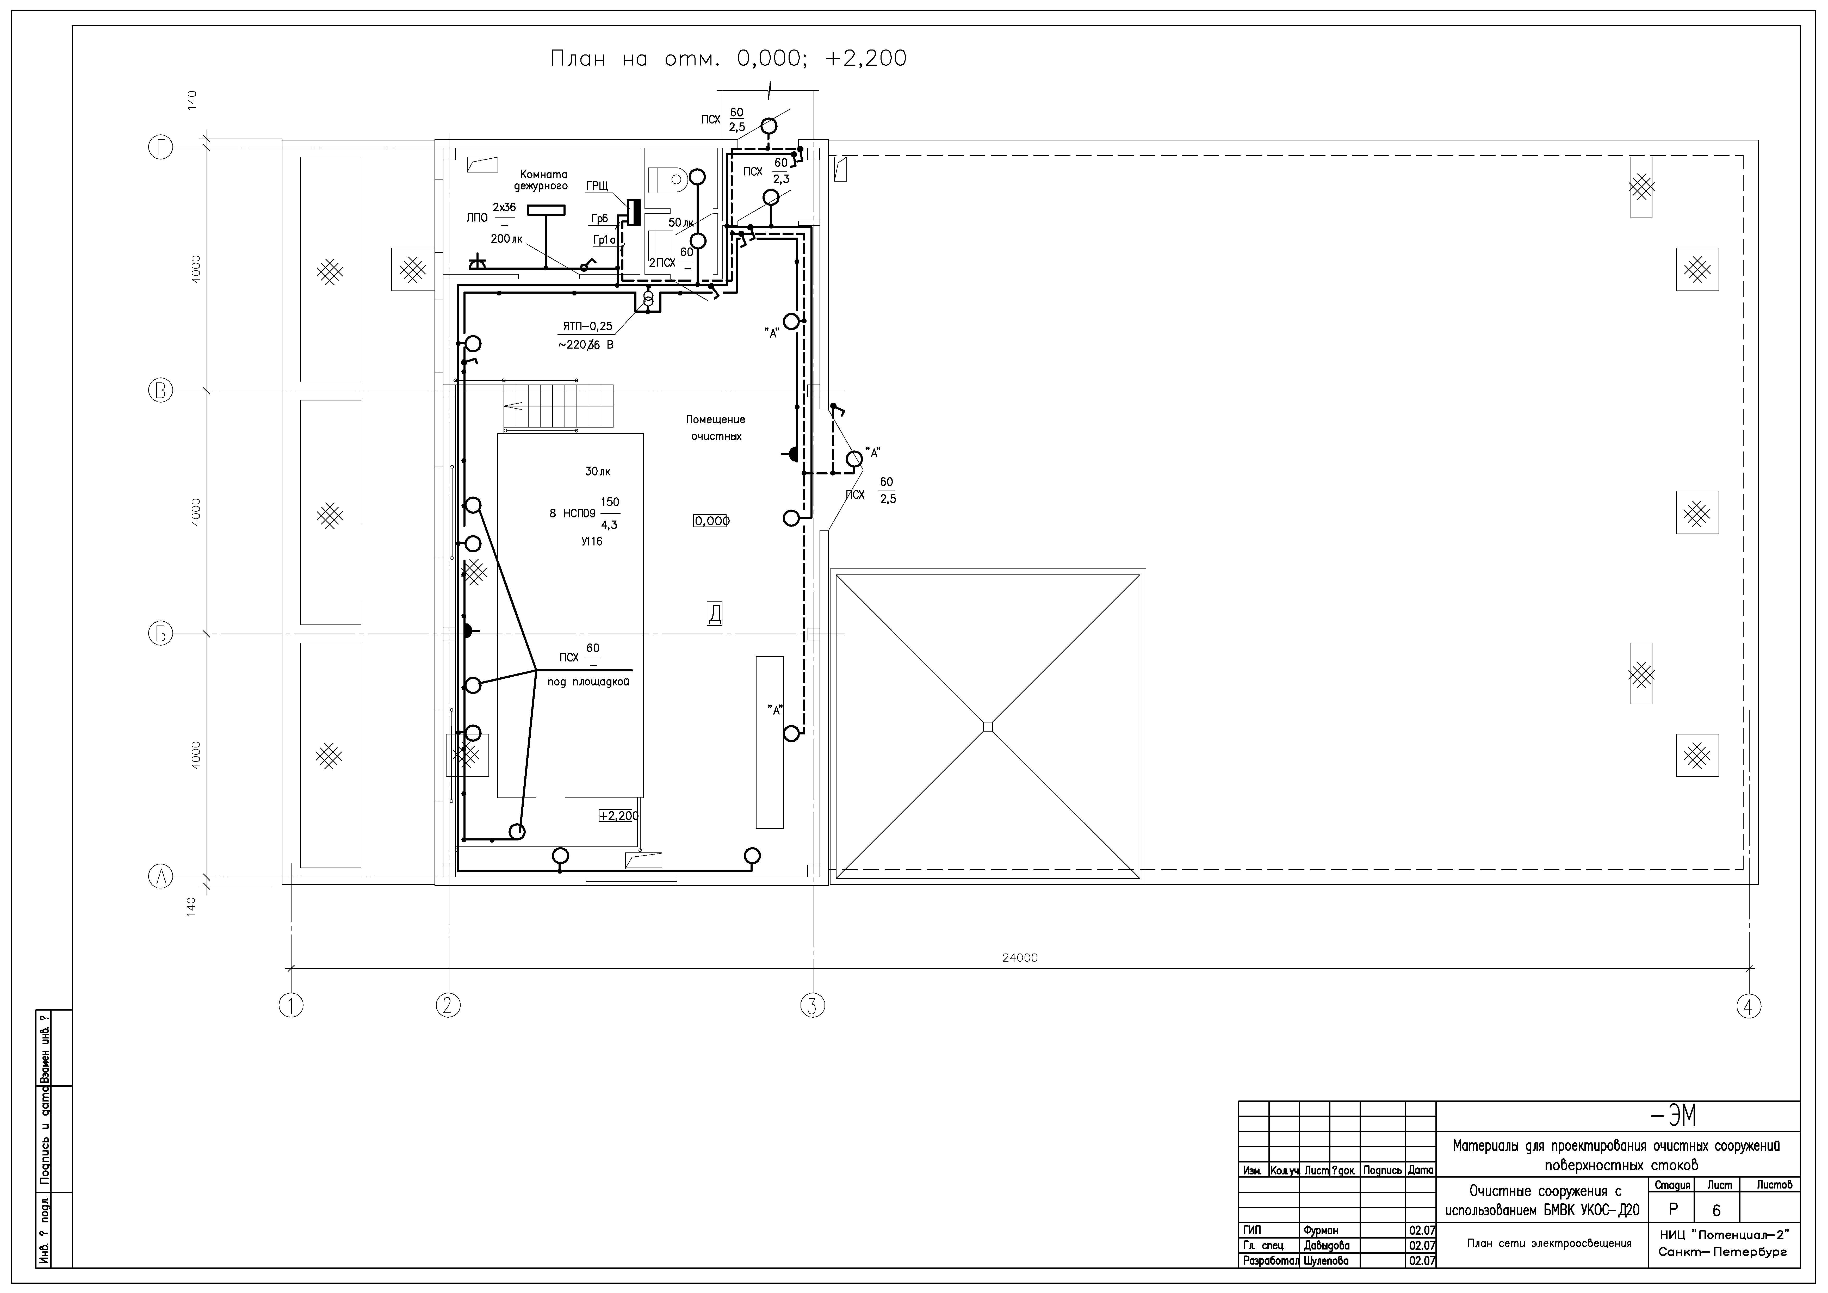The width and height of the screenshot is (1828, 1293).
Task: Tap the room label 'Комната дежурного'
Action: click(542, 180)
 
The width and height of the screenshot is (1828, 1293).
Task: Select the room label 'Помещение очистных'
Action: click(716, 428)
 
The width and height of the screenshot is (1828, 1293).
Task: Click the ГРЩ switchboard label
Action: click(597, 185)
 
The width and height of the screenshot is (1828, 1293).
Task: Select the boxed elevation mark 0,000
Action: click(711, 521)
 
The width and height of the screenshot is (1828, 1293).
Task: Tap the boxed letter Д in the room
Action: click(715, 613)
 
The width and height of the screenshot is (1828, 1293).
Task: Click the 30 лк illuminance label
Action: click(598, 471)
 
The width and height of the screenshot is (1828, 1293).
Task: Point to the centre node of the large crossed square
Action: click(988, 726)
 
